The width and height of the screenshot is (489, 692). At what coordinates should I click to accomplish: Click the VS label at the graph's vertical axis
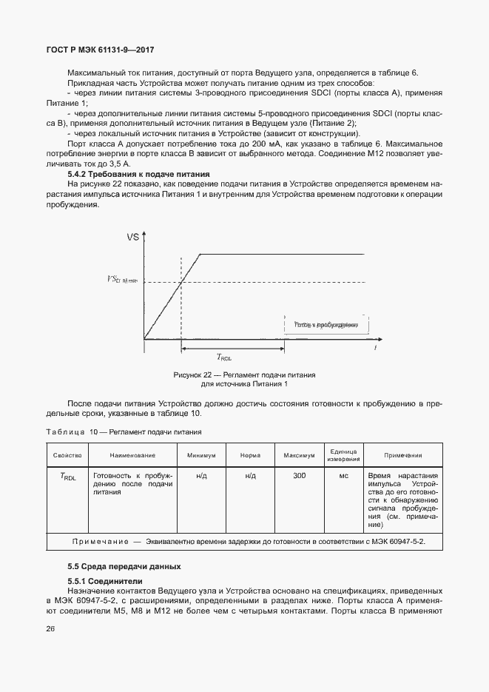[134, 238]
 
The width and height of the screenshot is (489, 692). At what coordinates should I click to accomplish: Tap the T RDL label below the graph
[223, 357]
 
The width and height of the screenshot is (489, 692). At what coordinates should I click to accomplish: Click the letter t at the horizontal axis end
[377, 347]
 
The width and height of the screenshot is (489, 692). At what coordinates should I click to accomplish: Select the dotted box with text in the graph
[326, 325]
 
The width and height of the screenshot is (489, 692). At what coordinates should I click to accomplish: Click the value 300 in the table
[299, 476]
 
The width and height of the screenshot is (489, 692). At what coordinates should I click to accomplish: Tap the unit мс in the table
[344, 476]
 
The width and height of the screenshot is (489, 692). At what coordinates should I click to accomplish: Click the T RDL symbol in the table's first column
[67, 477]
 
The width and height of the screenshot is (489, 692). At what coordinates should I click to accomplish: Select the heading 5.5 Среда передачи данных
[124, 566]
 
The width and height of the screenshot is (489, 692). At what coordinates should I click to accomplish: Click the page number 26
[51, 629]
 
